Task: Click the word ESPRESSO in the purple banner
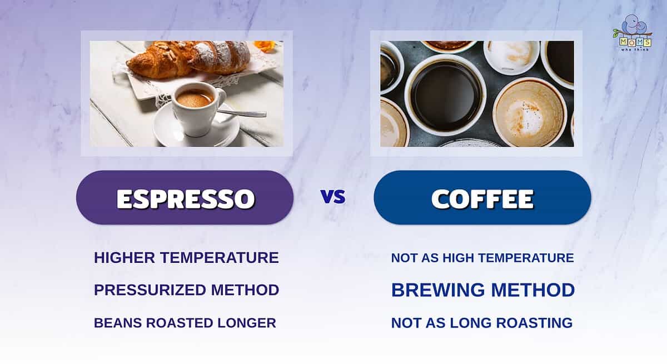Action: click(x=186, y=198)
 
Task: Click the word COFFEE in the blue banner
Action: click(x=482, y=198)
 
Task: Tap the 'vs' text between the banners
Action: click(x=333, y=197)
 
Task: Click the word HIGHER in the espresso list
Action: click(x=125, y=258)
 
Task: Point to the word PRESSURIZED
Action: click(x=150, y=290)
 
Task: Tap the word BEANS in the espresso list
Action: click(x=118, y=323)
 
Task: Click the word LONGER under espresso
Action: click(x=247, y=323)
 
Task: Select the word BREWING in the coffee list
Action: click(x=438, y=290)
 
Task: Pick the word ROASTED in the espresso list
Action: click(x=179, y=323)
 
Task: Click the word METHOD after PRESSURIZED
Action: click(x=245, y=290)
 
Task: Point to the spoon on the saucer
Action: click(x=241, y=113)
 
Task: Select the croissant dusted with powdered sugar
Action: click(x=220, y=57)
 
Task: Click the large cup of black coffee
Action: click(x=445, y=95)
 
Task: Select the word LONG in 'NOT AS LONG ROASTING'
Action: click(x=470, y=323)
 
